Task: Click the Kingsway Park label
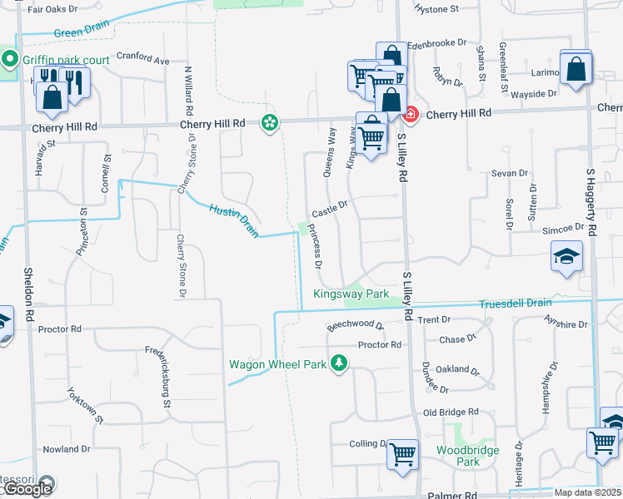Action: pyautogui.click(x=351, y=294)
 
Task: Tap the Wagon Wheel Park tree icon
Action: pyautogui.click(x=339, y=363)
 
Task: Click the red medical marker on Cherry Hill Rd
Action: pyautogui.click(x=411, y=113)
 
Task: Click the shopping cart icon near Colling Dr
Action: pyautogui.click(x=402, y=454)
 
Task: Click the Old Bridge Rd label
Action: pyautogui.click(x=451, y=413)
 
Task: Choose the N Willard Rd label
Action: pyautogui.click(x=190, y=91)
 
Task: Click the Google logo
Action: pyautogui.click(x=27, y=490)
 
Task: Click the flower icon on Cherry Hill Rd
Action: pyautogui.click(x=270, y=123)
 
